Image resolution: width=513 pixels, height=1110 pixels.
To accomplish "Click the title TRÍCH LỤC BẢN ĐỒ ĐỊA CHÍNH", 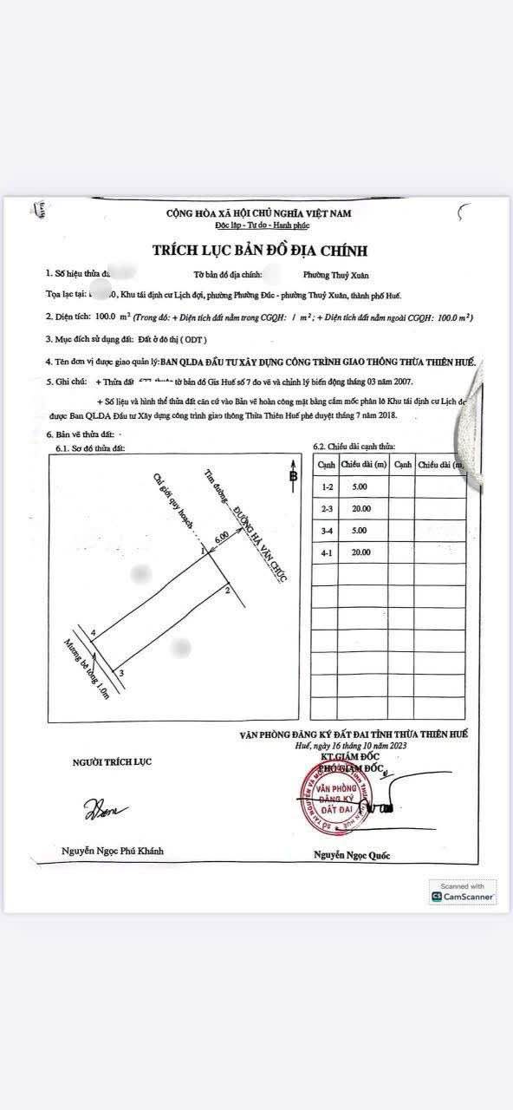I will point(260,251).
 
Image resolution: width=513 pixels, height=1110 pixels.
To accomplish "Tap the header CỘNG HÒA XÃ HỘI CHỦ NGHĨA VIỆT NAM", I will point(264,213).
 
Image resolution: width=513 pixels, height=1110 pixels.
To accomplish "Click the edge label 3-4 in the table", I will point(327,531).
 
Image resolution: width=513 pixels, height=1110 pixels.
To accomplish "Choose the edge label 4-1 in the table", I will point(327,552).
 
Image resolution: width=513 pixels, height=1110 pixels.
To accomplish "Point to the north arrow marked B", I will point(293,474).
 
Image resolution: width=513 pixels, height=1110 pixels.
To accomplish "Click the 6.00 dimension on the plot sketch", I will point(222,538).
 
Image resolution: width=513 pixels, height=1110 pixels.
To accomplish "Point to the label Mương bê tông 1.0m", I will point(85,669).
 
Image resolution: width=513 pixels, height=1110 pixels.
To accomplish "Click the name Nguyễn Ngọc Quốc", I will point(352,855).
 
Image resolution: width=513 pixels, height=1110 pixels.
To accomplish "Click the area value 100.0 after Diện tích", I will point(107,318).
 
